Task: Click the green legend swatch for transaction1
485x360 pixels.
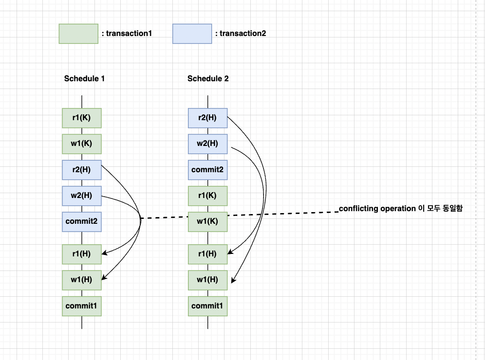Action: coord(78,34)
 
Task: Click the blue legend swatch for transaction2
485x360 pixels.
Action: coord(192,34)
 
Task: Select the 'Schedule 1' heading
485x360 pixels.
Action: coord(84,78)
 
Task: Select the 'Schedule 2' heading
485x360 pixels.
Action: coord(208,78)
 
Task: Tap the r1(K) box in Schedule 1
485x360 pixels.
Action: coord(82,118)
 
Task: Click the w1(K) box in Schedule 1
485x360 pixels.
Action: coord(82,144)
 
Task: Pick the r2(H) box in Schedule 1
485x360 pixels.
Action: coord(82,170)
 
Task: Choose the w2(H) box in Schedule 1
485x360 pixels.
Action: coord(82,196)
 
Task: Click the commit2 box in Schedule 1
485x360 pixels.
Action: coord(82,222)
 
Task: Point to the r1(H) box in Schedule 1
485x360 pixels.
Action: coord(82,253)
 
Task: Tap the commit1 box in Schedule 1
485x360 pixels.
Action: coord(82,306)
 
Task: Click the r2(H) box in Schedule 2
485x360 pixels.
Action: coord(208,118)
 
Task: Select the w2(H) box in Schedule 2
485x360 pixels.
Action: coord(208,144)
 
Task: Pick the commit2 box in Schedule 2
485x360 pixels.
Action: coord(208,170)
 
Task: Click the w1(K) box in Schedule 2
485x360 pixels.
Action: coord(208,222)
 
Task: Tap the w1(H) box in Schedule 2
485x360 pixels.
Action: coord(208,280)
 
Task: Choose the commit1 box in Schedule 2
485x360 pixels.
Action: coord(208,306)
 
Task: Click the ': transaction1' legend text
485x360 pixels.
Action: coord(127,34)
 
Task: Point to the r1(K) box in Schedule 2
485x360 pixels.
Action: coord(208,196)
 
